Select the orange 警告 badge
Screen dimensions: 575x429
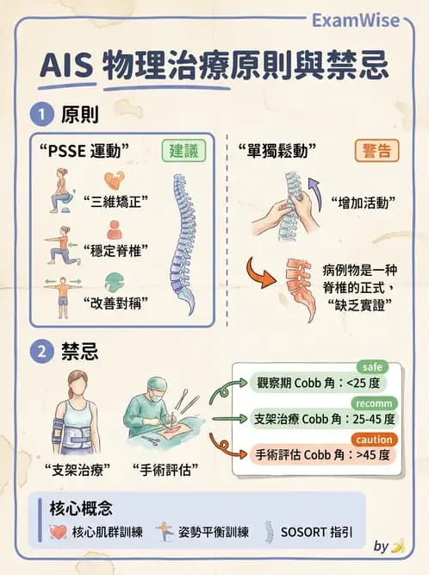click(x=376, y=150)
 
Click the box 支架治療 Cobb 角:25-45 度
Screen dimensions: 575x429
click(x=325, y=418)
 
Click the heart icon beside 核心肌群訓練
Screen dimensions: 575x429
click(x=59, y=531)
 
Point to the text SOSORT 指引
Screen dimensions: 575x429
click(x=316, y=532)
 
